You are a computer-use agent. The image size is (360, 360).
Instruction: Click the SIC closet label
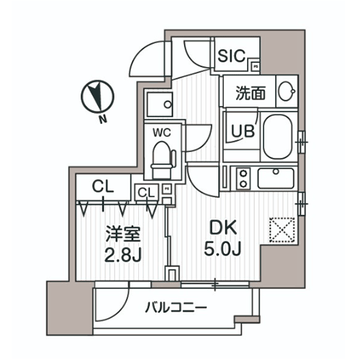231,56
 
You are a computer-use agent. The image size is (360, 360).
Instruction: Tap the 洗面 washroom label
251,93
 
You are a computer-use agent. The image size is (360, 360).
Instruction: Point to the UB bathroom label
243,131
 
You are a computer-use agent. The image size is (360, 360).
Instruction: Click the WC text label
162,132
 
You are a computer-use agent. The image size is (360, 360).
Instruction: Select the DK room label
223,228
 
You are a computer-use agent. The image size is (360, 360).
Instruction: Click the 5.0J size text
222,248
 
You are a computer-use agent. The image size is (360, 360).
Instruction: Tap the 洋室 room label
123,234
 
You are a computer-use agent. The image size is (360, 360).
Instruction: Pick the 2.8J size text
123,255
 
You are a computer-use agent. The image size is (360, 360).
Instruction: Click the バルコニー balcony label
176,307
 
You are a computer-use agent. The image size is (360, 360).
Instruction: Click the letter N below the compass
103,119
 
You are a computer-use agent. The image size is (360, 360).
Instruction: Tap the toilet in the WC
163,161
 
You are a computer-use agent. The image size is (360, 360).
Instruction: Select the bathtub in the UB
278,137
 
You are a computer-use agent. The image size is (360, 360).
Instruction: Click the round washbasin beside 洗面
287,91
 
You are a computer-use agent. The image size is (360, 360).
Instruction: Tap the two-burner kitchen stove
243,178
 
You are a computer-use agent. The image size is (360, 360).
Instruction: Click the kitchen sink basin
276,178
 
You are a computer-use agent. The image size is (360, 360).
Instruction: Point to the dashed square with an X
282,230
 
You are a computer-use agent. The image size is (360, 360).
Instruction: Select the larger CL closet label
103,186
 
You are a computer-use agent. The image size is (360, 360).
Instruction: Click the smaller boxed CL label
146,192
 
